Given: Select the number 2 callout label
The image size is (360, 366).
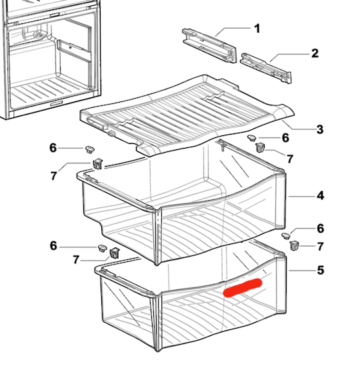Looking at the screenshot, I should pos(314,53).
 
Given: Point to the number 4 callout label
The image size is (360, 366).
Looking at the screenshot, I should pos(321,196).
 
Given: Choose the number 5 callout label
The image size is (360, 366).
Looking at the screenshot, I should pos(321,271).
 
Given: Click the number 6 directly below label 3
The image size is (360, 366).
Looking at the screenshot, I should pos(285,138).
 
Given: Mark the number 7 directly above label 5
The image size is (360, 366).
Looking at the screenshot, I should pos(321,246).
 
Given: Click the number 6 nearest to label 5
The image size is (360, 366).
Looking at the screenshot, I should pos(321,228).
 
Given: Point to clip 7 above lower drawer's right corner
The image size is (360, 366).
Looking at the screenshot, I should pos(294,247).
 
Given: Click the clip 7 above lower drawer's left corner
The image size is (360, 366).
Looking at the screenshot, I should pos(114,253).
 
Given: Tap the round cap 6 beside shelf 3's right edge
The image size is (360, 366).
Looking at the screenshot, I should pos(253,137).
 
